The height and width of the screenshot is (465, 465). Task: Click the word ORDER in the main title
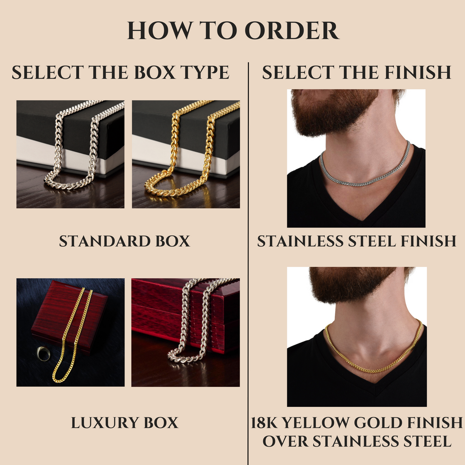tap(292, 30)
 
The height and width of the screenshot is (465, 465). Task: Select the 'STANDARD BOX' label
tap(124, 241)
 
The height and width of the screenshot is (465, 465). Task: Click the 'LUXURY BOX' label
tap(124, 423)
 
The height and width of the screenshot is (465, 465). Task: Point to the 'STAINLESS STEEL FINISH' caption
tap(356, 241)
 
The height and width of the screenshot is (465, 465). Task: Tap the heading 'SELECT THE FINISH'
tap(356, 72)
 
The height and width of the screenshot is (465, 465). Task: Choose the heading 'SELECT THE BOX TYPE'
tap(120, 72)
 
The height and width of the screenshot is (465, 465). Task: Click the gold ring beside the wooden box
tap(43, 353)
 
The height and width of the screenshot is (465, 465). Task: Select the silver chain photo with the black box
tap(70, 154)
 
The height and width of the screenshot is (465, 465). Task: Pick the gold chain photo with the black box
tap(186, 154)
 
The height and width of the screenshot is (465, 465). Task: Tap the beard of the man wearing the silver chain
tap(329, 113)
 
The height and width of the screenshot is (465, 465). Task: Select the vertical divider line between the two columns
tap(248, 264)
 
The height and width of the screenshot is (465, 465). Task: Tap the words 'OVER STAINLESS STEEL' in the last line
tap(357, 441)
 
